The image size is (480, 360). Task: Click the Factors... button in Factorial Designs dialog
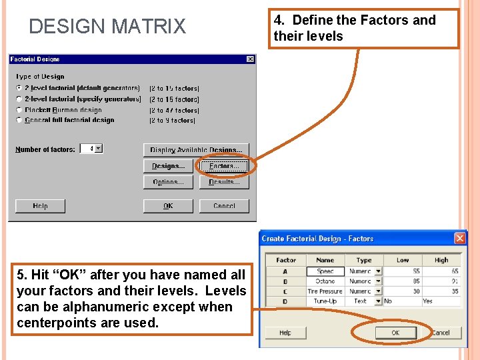pyautogui.click(x=224, y=166)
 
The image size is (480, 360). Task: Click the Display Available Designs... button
pyautogui.click(x=196, y=150)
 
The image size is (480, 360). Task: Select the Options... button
pyautogui.click(x=168, y=182)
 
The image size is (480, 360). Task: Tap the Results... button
pyautogui.click(x=224, y=182)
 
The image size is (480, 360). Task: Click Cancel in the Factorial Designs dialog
pyautogui.click(x=224, y=206)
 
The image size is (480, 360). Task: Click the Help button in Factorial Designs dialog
pyautogui.click(x=40, y=206)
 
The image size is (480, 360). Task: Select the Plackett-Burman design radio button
pyautogui.click(x=19, y=110)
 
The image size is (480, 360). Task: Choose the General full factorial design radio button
pyautogui.click(x=19, y=120)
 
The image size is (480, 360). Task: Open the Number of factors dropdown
pyautogui.click(x=99, y=149)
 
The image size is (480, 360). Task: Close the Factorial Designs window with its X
pyautogui.click(x=250, y=59)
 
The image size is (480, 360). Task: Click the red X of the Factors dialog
pyautogui.click(x=459, y=238)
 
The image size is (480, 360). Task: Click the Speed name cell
pyautogui.click(x=325, y=271)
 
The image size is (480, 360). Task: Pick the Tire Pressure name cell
pyautogui.click(x=325, y=291)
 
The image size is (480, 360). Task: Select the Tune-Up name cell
pyautogui.click(x=325, y=301)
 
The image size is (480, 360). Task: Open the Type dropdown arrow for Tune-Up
pyautogui.click(x=378, y=301)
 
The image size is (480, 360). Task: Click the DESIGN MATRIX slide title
pyautogui.click(x=107, y=27)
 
